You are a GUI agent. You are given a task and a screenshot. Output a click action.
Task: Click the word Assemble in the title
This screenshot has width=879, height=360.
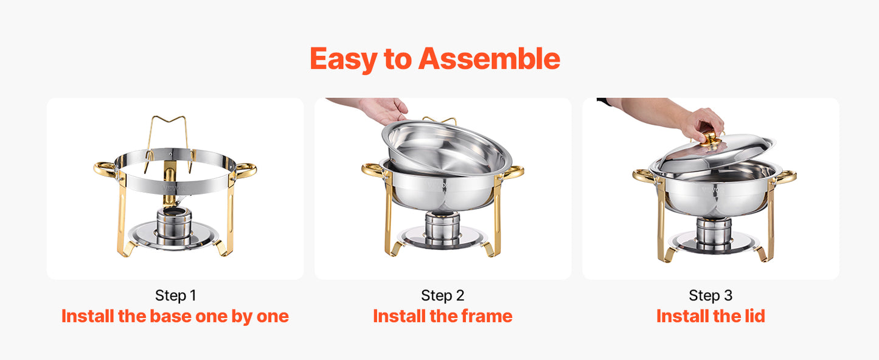pyautogui.click(x=489, y=59)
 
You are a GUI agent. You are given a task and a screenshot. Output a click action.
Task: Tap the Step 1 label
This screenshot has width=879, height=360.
pyautogui.click(x=175, y=296)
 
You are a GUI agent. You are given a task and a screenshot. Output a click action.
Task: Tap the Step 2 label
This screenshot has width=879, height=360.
pyautogui.click(x=442, y=296)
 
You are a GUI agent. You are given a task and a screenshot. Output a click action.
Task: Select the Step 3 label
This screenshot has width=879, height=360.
pyautogui.click(x=710, y=296)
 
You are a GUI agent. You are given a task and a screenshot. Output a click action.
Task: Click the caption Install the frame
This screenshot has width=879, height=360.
pyautogui.click(x=442, y=316)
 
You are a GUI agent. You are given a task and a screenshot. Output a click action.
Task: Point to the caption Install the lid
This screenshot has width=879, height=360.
pyautogui.click(x=710, y=316)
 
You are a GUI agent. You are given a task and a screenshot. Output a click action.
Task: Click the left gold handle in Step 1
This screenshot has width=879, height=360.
pyautogui.click(x=105, y=168)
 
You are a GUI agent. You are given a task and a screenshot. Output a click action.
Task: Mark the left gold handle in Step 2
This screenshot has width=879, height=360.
pyautogui.click(x=373, y=170)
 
